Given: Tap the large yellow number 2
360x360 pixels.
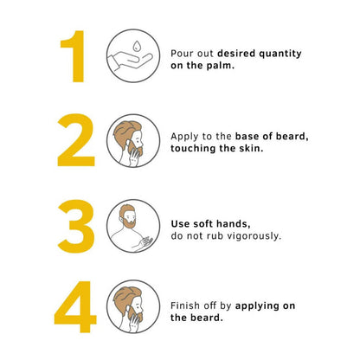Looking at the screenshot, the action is (76, 140).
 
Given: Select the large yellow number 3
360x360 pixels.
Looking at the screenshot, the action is (76, 226).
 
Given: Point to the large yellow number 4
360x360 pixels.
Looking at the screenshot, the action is (75, 306).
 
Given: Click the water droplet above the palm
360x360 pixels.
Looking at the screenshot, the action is (137, 46).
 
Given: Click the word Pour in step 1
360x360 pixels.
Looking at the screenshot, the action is (179, 54).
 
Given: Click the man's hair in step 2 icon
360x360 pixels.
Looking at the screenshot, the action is (126, 132).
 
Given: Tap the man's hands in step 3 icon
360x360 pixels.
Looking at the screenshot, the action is (144, 243).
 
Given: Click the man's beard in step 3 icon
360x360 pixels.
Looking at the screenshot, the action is (128, 222).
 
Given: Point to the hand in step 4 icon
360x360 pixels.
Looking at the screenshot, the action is (133, 322).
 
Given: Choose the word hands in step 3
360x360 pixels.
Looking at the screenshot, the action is (234, 224).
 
